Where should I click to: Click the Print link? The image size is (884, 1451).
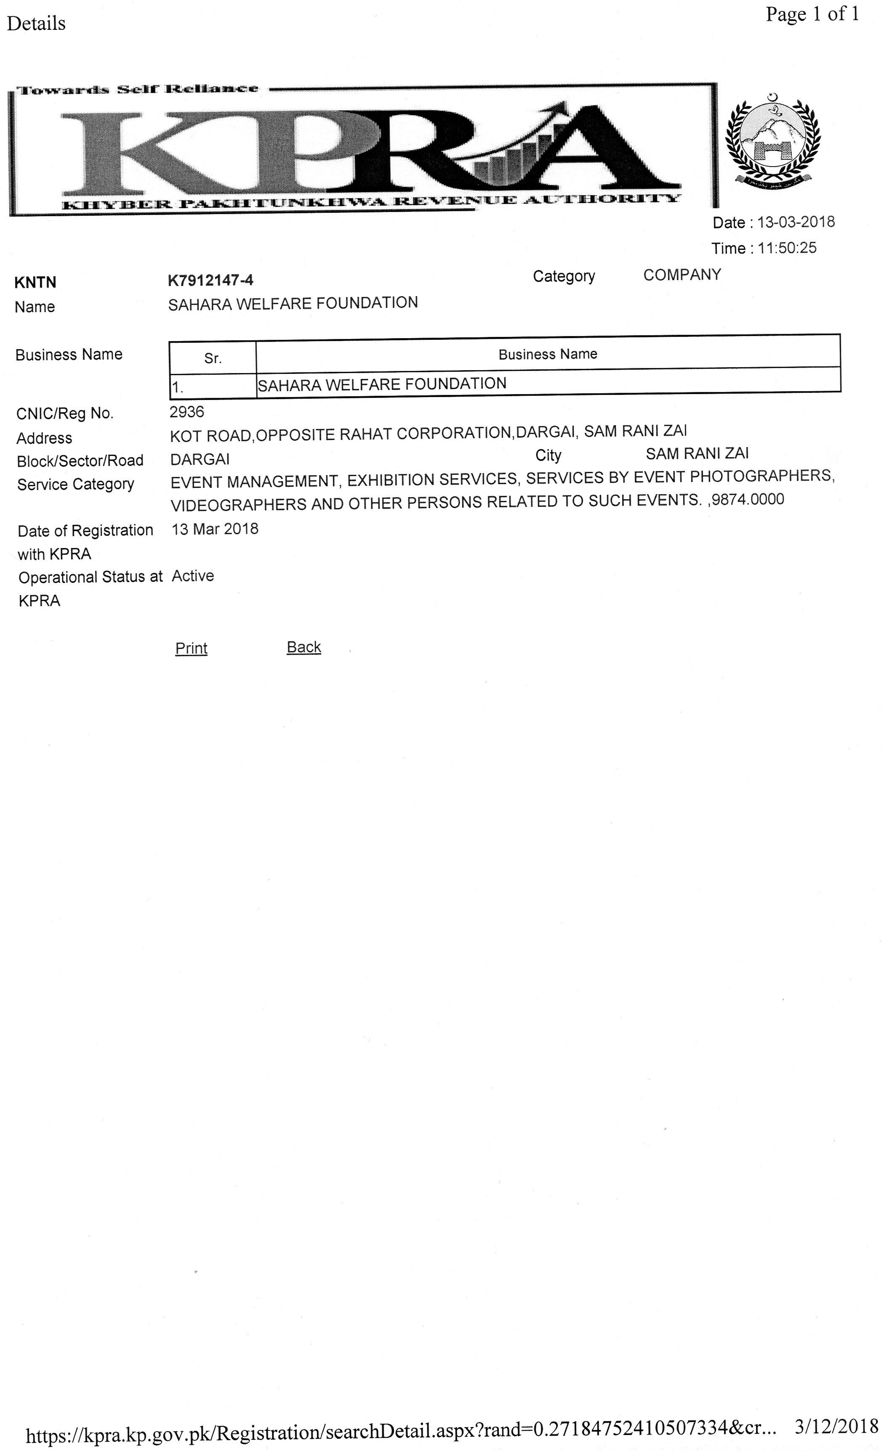coord(191,649)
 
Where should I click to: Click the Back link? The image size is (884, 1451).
coord(304,647)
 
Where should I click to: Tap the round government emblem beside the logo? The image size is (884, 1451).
coord(772,142)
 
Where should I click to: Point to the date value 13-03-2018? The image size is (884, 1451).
coord(796,222)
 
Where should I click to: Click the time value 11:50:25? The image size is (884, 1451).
coord(787,248)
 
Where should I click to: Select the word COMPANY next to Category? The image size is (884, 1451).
coord(682,275)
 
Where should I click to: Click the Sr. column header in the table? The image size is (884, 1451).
coord(213,358)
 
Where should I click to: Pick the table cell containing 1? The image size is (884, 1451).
coord(212,387)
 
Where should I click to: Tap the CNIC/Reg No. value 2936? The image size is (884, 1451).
coord(187,412)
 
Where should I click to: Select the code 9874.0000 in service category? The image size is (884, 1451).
coord(748,499)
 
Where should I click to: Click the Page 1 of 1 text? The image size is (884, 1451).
coord(812,14)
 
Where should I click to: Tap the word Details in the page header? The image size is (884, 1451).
coord(36,24)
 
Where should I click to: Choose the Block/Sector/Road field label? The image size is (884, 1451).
coord(80,461)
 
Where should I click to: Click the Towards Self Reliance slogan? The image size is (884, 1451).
coord(137,90)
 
